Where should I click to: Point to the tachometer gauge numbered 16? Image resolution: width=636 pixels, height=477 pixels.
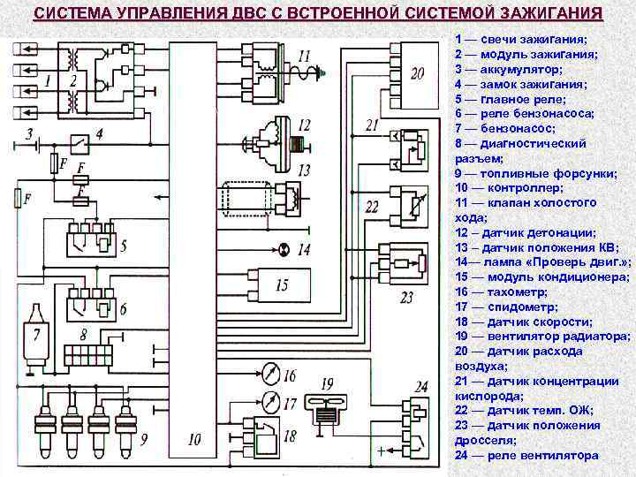pos(270,376)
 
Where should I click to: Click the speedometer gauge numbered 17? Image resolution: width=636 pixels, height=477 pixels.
pos(270,403)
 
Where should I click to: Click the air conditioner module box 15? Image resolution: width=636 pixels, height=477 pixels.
pos(274,285)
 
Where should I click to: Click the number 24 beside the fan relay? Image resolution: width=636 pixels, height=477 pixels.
pos(420,386)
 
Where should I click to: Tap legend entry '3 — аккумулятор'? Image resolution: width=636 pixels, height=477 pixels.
pos(512,69)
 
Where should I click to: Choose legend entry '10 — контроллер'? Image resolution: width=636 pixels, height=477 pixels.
pos(511,188)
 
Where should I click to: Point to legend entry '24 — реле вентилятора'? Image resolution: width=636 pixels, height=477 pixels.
pos(526,455)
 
